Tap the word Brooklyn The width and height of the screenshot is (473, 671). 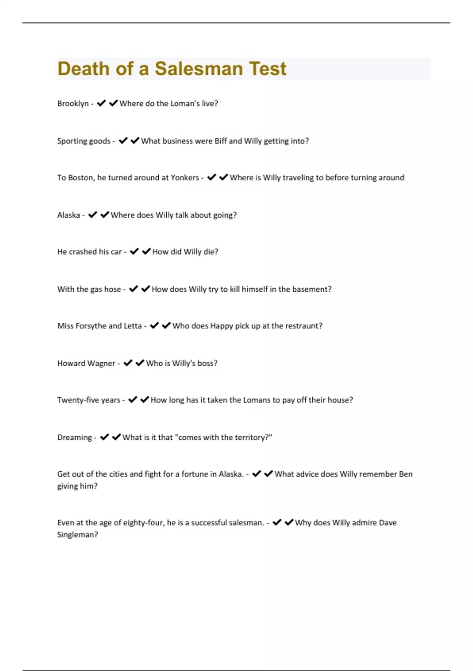(73, 103)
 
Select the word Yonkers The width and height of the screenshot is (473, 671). (184, 178)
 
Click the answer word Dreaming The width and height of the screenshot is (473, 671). (74, 437)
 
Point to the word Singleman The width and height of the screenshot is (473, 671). (77, 535)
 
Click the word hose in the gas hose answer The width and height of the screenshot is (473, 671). (112, 289)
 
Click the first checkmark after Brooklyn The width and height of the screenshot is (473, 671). (101, 103)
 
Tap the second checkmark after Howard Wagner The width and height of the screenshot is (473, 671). (140, 363)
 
